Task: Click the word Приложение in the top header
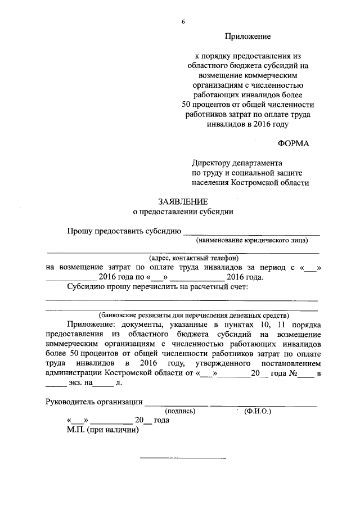(248, 37)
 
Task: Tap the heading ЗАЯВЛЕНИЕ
(182, 201)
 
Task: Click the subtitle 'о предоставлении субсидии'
(182, 212)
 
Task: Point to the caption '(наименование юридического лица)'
(251, 240)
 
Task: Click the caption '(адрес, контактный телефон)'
(182, 258)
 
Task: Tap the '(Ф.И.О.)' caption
(258, 411)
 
